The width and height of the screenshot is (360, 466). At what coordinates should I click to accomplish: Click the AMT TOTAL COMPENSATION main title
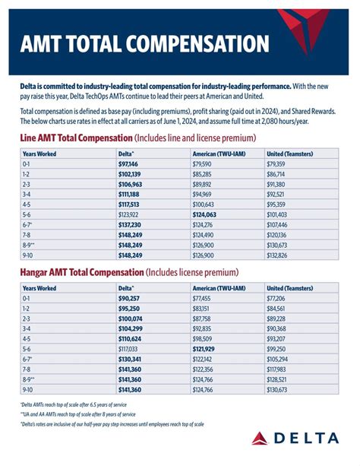click(137, 42)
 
